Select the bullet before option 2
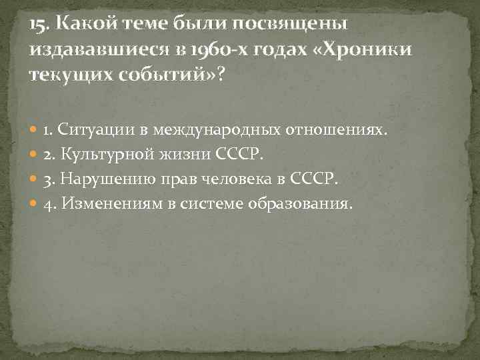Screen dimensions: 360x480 coord(35,155)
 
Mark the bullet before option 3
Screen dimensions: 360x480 coord(35,179)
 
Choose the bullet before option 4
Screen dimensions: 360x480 coord(35,203)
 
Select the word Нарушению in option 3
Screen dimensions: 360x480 coord(103,179)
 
